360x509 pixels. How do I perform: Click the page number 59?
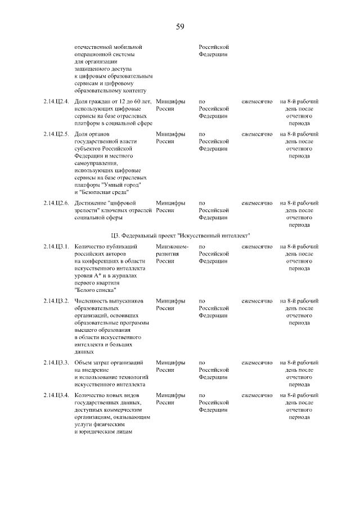click(x=180, y=26)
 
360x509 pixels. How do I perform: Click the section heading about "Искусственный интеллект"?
click(x=180, y=235)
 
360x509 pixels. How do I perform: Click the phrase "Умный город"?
click(x=123, y=184)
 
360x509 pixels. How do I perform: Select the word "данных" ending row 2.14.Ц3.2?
click(x=84, y=352)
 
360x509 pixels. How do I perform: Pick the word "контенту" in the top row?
click(x=133, y=90)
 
